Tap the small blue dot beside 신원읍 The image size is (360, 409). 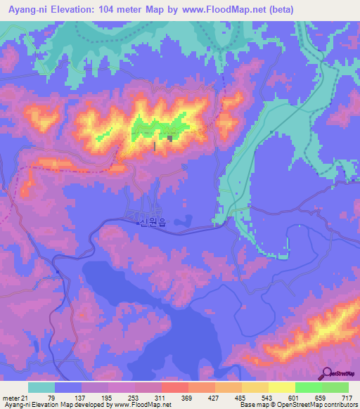coord(138,223)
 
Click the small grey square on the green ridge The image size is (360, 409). coord(170,138)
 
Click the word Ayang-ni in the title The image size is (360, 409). coord(27,10)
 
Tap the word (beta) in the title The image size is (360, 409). coord(281,10)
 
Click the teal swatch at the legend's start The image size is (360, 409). coord(41,387)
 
